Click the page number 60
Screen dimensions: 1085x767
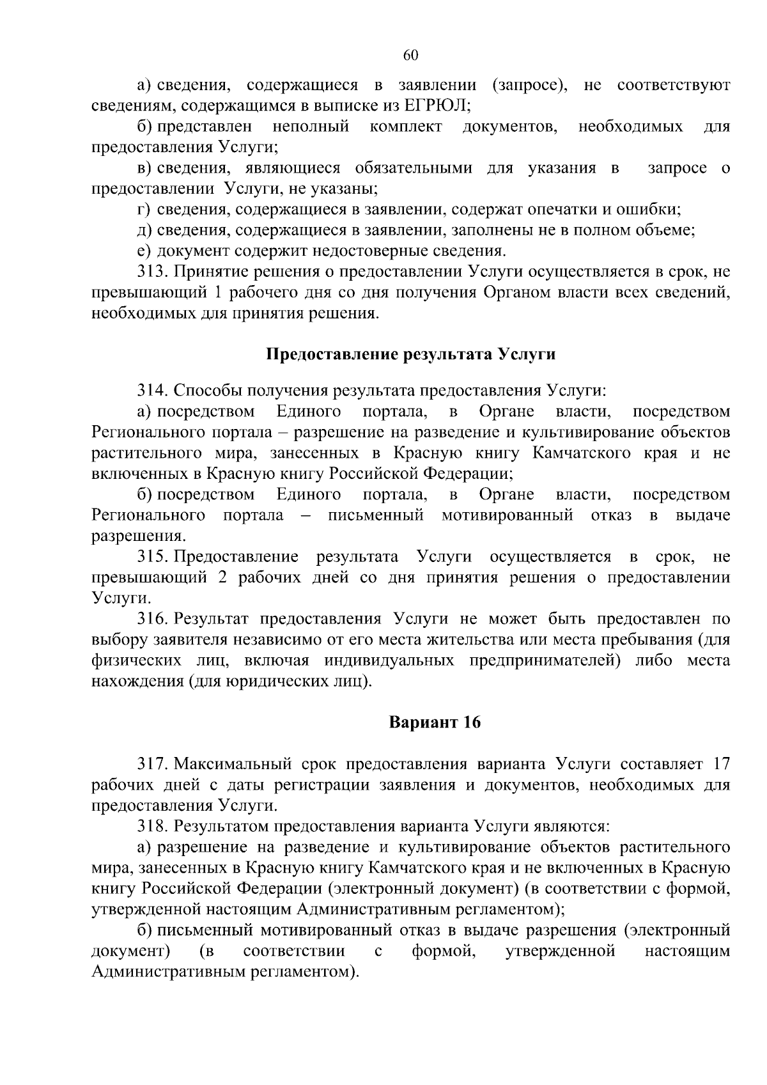click(410, 56)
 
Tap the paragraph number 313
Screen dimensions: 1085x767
click(152, 272)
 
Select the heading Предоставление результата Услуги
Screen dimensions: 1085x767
click(410, 354)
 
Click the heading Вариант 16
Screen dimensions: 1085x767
click(435, 722)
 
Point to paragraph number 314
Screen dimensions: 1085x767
click(152, 390)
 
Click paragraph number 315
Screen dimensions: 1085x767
click(152, 557)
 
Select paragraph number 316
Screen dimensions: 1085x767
click(152, 619)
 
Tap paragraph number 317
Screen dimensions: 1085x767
click(152, 764)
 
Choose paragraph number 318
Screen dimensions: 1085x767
click(152, 827)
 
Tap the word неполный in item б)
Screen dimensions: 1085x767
click(311, 127)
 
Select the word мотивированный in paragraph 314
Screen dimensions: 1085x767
click(507, 515)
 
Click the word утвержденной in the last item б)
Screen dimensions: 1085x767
click(560, 951)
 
